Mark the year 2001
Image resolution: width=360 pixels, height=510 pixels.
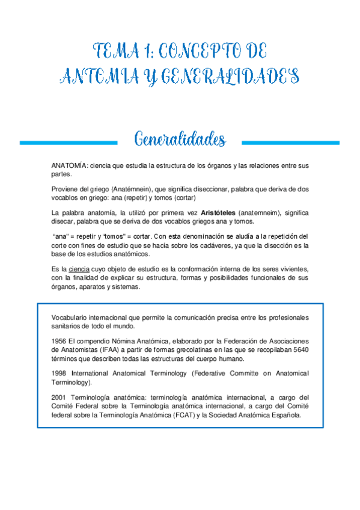click(x=61, y=397)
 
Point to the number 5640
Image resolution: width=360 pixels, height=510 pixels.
click(x=299, y=349)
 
